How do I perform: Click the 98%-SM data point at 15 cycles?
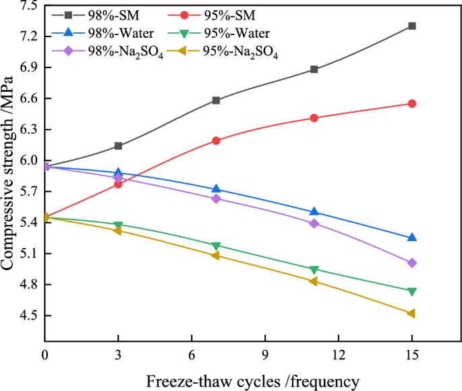click(412, 26)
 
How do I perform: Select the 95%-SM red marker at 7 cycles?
click(216, 140)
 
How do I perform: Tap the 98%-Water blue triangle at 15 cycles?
click(412, 238)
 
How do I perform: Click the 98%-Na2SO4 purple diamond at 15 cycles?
click(412, 263)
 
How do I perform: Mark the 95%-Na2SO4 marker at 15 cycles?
click(412, 313)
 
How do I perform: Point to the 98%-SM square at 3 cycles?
click(119, 146)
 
